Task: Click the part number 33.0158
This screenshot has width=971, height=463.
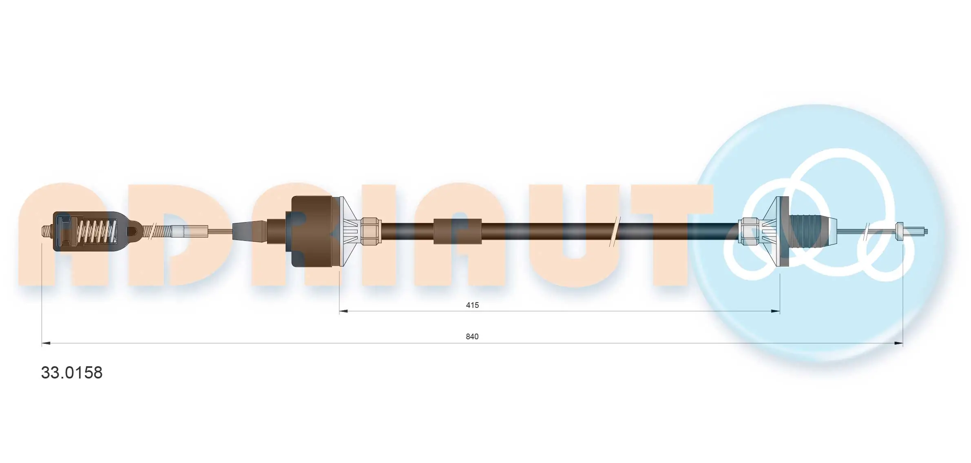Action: click(72, 372)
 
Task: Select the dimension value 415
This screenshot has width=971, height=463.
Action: click(472, 305)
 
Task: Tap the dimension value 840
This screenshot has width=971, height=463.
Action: click(472, 336)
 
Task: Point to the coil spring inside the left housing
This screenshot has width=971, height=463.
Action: click(96, 232)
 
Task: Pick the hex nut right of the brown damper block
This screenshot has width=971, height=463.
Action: click(371, 231)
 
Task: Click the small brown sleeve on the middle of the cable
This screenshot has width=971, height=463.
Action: click(457, 231)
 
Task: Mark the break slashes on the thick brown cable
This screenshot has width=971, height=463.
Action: click(615, 231)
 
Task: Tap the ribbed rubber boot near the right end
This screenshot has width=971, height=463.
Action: click(810, 231)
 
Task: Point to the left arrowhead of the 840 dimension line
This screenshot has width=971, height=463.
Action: click(46, 343)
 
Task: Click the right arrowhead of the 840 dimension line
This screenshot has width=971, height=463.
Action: click(899, 343)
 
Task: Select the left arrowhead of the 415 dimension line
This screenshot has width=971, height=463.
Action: click(343, 312)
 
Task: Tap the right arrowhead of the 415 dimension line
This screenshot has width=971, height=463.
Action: click(776, 312)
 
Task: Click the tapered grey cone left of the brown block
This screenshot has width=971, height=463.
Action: click(249, 231)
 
